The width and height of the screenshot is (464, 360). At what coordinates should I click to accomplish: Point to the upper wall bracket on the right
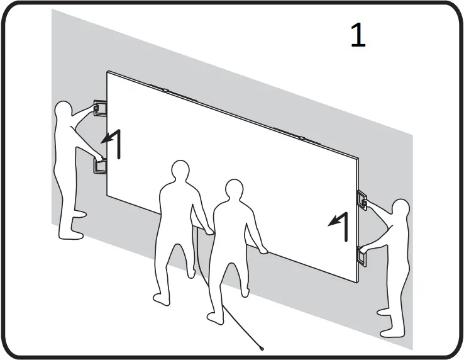[363, 199]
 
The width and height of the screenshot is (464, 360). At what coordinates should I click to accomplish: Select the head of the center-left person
[180, 171]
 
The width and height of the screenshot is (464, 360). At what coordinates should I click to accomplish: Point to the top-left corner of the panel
[108, 72]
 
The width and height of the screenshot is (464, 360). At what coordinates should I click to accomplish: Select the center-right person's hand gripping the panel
[265, 251]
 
